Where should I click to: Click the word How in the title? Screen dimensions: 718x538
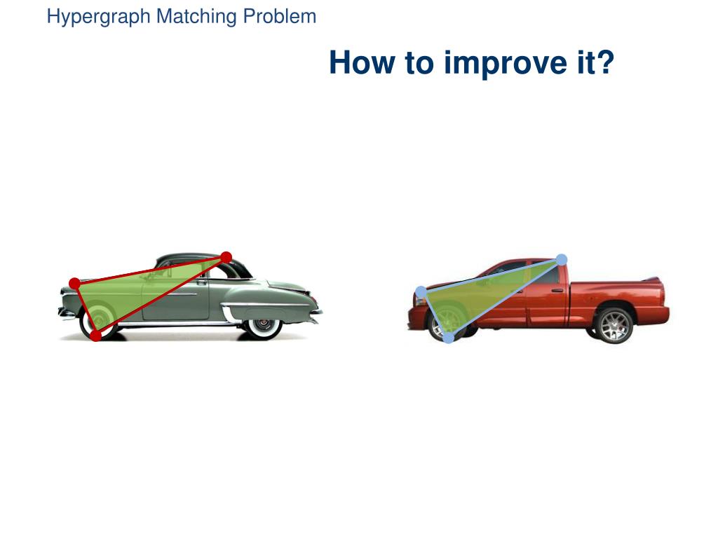pos(360,62)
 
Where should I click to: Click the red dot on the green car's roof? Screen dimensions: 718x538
pos(226,257)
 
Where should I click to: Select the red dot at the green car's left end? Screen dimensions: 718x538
pos(74,284)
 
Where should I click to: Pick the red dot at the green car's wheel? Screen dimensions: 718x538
pos(96,336)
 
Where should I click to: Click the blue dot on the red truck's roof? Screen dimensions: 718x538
pos(561,260)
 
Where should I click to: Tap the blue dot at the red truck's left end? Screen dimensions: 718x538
pos(421,291)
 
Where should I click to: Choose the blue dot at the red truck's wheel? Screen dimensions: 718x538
pos(448,338)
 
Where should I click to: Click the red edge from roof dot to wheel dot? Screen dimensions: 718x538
pos(161,296)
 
